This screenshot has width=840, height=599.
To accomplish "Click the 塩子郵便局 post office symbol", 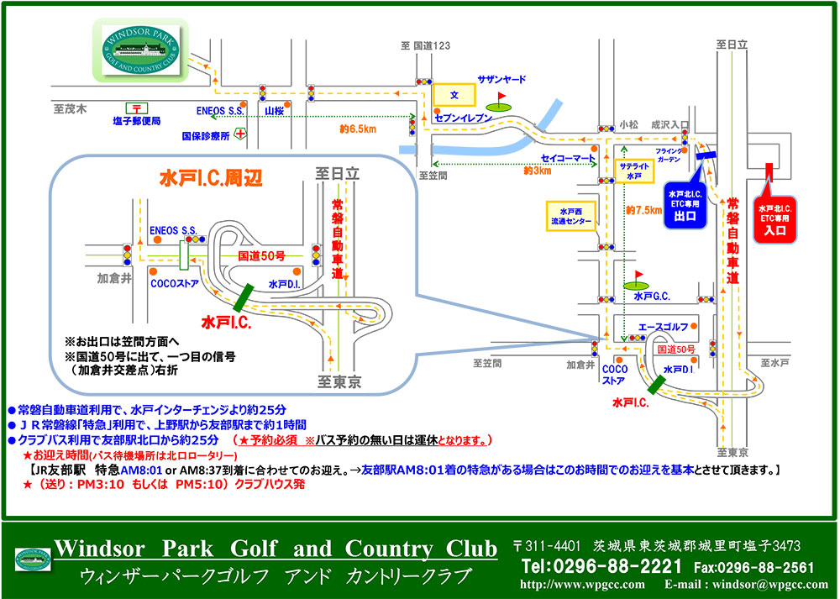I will click(x=134, y=108).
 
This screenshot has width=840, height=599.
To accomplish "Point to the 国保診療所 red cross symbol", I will click(x=240, y=134).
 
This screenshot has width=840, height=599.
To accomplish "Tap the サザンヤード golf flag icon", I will click(x=501, y=102).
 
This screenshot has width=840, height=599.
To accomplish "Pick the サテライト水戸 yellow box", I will click(x=634, y=171).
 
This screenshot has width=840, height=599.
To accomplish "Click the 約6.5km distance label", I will click(x=359, y=129).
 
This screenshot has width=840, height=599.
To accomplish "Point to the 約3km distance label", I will click(x=537, y=171).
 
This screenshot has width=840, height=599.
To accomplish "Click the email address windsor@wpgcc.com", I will click(x=769, y=584).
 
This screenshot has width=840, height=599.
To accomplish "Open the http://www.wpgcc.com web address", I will click(x=583, y=584).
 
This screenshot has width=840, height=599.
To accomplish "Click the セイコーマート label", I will click(x=568, y=157).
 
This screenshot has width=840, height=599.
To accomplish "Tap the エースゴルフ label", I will click(x=664, y=326).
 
